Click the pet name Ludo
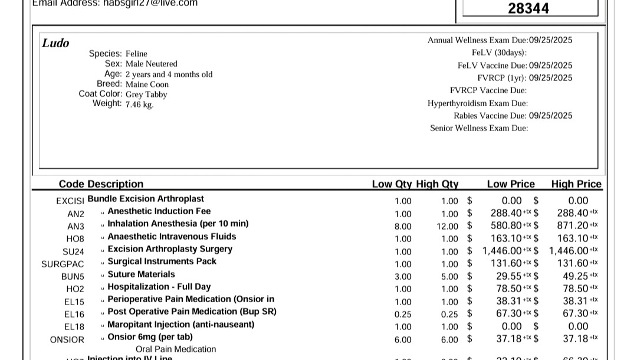[55, 43]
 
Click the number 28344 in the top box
[528, 8]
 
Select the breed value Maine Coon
[147, 84]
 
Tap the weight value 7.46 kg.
[139, 104]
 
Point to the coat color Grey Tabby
[146, 94]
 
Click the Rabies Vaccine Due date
[550, 116]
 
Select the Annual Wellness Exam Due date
[550, 40]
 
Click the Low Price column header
[511, 184]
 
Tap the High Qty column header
[437, 184]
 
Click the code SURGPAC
[63, 264]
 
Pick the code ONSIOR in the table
[67, 339]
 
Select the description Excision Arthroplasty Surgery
[170, 249]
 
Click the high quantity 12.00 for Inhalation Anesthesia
[447, 226]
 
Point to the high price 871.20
[572, 225]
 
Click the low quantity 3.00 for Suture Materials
[403, 276]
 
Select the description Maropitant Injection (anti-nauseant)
[181, 324]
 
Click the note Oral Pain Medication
[176, 349]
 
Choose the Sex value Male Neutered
[151, 64]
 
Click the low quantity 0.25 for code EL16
[403, 314]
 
